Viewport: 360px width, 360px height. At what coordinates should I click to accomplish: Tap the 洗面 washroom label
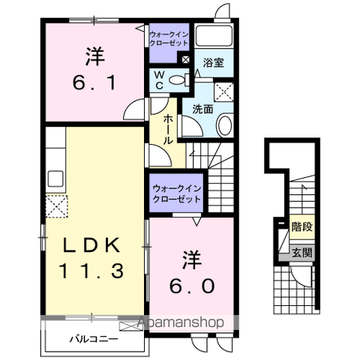tap(203, 108)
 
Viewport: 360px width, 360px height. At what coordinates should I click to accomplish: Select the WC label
tap(160, 78)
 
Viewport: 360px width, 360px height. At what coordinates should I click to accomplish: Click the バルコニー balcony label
tap(94, 340)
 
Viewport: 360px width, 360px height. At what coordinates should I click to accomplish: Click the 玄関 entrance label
tap(301, 253)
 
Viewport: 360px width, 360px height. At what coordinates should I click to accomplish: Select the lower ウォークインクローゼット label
tap(176, 194)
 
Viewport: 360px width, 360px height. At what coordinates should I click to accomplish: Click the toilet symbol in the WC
tap(178, 80)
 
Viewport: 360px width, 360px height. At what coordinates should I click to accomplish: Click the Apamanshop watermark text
tap(184, 323)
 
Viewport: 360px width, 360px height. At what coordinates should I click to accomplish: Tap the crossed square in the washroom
tap(223, 92)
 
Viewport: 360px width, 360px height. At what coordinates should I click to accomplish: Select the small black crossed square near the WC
tap(185, 59)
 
